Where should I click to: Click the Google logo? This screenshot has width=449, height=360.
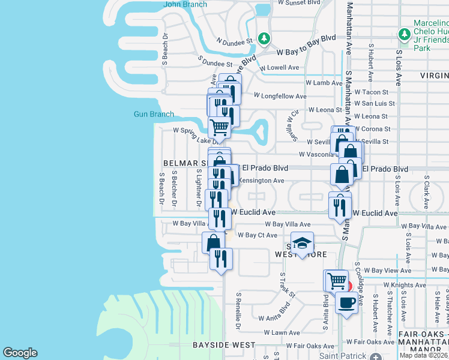tap(20, 353)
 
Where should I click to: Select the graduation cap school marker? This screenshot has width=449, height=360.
tap(303, 242)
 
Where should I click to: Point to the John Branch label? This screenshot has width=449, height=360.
tap(185, 4)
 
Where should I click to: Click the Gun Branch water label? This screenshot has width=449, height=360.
tap(154, 114)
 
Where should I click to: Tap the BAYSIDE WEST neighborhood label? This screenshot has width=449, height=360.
tap(224, 345)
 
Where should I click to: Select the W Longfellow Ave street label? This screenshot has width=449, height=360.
tap(280, 96)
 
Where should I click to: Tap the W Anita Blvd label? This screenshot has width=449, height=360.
tap(274, 318)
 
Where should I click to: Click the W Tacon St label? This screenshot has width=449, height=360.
tap(372, 92)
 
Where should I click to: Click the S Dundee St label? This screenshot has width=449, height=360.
tap(215, 62)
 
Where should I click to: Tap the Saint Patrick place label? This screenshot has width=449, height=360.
tap(342, 356)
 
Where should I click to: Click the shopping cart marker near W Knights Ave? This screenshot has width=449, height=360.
tap(336, 280)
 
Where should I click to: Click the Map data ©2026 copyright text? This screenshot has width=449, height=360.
tap(423, 355)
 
